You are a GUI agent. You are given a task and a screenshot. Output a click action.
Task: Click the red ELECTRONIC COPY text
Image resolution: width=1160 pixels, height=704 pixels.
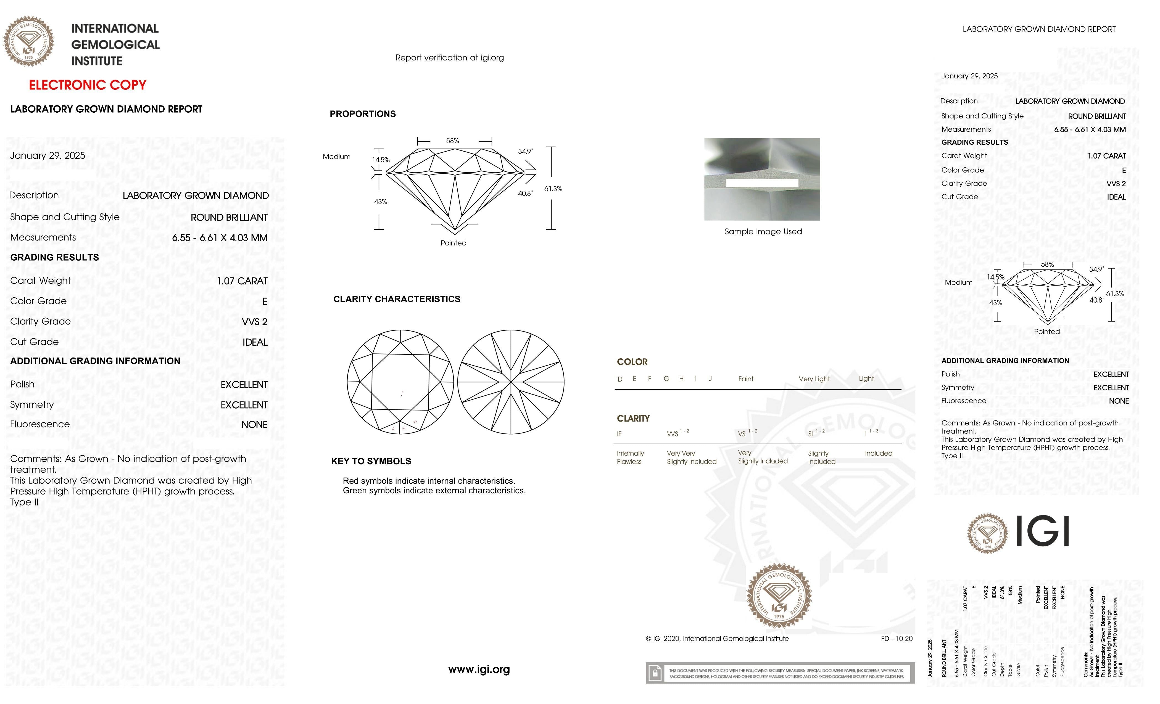(88, 85)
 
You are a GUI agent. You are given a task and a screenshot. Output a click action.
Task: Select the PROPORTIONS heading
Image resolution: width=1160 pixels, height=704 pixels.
(362, 114)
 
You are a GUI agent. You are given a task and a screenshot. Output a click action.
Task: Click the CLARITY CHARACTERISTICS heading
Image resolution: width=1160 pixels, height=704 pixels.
(396, 299)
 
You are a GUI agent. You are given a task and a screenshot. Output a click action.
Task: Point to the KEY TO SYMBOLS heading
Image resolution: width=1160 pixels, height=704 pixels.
(371, 461)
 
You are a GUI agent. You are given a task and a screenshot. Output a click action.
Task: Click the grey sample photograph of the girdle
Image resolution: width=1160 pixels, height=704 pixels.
(762, 179)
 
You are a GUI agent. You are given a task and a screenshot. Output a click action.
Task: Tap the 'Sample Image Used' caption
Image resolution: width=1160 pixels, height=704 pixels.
(763, 232)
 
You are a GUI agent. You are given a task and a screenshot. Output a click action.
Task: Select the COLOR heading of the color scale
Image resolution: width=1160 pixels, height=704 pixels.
(632, 362)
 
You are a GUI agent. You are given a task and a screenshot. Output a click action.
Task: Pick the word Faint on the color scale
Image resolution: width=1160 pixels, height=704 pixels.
(746, 379)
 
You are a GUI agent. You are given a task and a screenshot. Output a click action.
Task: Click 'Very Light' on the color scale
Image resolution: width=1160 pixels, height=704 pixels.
(814, 379)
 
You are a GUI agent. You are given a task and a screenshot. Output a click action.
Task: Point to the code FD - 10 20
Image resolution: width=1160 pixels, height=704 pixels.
(896, 639)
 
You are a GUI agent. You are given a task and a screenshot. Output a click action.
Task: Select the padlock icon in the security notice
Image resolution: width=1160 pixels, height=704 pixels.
(654, 673)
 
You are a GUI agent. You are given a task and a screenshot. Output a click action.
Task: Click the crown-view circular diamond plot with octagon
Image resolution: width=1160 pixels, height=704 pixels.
(400, 382)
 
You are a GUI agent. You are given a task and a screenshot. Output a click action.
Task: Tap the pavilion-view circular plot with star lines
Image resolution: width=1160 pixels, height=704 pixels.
(511, 382)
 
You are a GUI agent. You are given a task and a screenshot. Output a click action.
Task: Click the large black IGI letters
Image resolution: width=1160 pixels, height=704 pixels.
(1043, 531)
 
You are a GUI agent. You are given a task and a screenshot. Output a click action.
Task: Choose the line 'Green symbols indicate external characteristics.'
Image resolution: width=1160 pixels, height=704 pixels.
(434, 490)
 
